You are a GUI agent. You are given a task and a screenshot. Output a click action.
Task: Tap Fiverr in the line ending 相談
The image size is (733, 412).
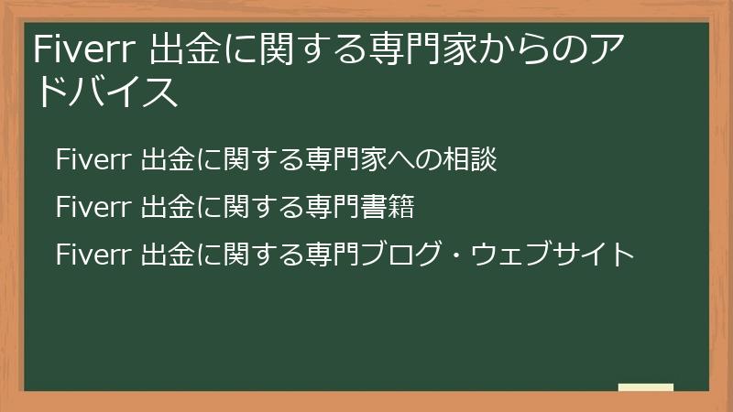pyautogui.click(x=93, y=159)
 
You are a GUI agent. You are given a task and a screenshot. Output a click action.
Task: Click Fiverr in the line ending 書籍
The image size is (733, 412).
pyautogui.click(x=93, y=207)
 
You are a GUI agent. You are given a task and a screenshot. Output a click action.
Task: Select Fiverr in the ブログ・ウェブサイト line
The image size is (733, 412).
pyautogui.click(x=93, y=253)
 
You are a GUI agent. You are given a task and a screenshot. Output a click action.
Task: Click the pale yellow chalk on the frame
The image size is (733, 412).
pyautogui.click(x=645, y=387)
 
